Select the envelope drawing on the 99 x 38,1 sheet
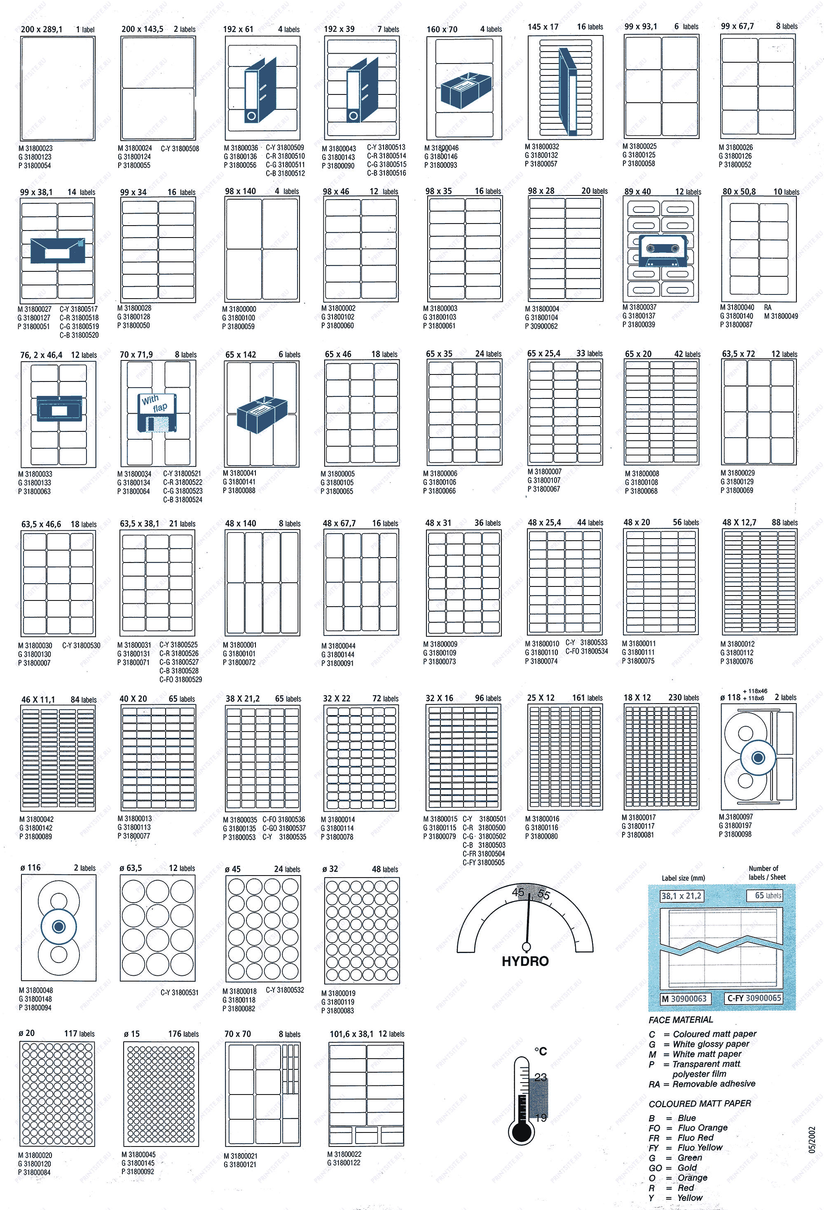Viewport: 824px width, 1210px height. (x=57, y=250)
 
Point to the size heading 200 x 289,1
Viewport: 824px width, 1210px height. (x=42, y=30)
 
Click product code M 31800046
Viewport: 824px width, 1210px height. (x=442, y=148)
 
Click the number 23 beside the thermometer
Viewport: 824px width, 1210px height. (x=541, y=1077)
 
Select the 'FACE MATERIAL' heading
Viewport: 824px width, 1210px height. (x=681, y=1020)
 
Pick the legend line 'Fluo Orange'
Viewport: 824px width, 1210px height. (x=702, y=1128)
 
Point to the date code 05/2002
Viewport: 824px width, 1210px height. (x=812, y=1140)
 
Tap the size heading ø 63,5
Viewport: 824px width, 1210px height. (x=131, y=868)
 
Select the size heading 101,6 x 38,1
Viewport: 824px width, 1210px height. (x=351, y=1034)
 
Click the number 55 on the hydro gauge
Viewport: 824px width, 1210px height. (x=543, y=895)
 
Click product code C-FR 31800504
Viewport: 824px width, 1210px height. (x=484, y=854)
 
